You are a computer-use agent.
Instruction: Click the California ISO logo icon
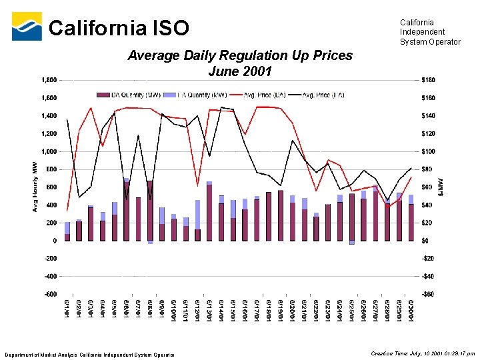27,27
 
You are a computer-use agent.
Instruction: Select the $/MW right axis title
439,186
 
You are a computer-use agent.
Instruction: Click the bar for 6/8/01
150,211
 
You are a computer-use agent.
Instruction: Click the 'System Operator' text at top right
430,42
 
